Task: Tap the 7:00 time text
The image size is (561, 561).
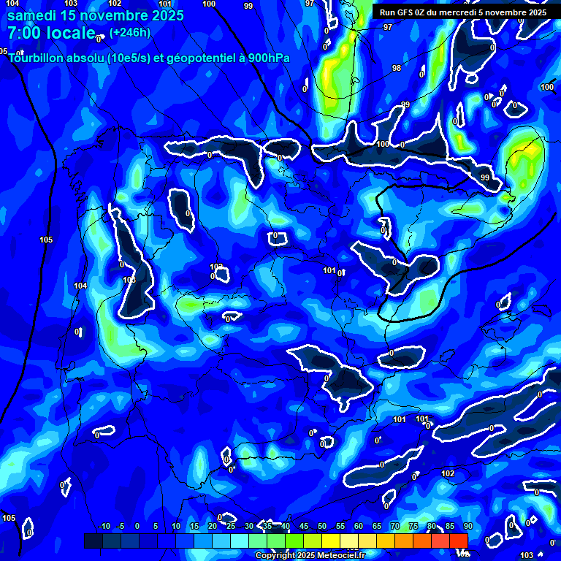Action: coord(25,33)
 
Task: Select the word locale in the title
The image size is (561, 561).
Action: coord(71,33)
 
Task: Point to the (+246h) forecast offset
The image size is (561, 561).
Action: coord(130,32)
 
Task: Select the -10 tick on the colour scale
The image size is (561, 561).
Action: coord(104,527)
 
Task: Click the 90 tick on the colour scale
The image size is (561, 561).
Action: coord(467,527)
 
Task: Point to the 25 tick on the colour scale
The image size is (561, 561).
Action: coord(231,527)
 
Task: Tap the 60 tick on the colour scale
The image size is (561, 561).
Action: coord(359,527)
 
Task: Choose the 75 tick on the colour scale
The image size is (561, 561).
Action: coord(413,527)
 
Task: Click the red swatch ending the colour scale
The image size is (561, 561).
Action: coord(458,541)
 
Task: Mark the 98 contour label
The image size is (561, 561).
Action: coord(397,68)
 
